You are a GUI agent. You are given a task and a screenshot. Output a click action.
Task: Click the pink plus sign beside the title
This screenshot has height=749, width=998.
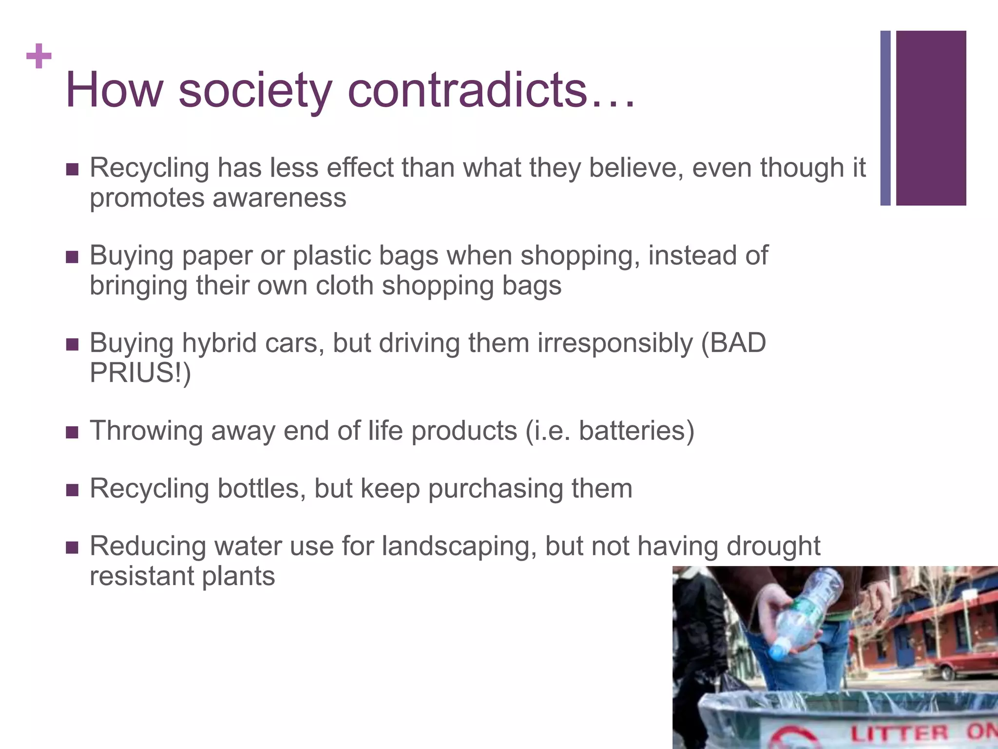point(39,56)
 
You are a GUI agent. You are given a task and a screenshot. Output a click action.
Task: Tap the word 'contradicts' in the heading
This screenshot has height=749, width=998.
point(468,90)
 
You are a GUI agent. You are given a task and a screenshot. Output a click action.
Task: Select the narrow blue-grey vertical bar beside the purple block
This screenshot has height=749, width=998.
point(885,118)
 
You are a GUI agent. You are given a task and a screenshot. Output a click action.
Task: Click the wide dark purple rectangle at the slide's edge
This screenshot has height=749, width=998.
point(931,118)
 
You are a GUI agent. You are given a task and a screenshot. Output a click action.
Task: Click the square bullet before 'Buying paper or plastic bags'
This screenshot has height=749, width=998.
point(72,256)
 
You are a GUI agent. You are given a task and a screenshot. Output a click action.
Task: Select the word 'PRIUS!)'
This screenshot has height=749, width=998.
point(140,373)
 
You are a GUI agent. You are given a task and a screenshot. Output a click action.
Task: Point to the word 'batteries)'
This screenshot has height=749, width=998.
point(636,431)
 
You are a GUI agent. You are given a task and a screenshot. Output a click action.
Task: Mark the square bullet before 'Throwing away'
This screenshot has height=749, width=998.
point(72,432)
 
